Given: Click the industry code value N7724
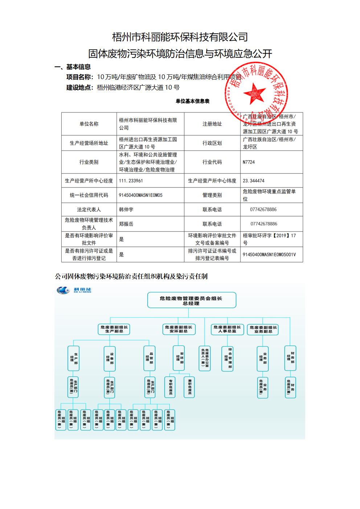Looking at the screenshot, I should pos(249,162).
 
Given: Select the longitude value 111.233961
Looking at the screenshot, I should pos(131,181).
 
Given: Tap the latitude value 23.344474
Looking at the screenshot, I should pos(253,181).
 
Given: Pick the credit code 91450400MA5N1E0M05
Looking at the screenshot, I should pos(140,195).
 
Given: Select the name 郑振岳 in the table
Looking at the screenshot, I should pos(126,224).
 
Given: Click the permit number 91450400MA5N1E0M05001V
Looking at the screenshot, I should pos(269,255).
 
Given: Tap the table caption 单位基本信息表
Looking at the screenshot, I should pos(192,101).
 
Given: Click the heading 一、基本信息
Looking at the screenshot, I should pos(73,67).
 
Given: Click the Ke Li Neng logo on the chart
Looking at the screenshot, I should pos(74,290).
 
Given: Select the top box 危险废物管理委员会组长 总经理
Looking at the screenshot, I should pos(191,300).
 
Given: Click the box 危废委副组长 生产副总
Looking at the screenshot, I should pos(114,329).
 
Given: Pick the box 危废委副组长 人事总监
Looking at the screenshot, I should pos(227,329).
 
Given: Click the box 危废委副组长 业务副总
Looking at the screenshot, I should pos(263,329).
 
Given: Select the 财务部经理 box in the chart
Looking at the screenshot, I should pos(290,358).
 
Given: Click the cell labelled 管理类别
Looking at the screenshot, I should pos(212,195).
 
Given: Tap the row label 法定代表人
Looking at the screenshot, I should pos(89,210).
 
